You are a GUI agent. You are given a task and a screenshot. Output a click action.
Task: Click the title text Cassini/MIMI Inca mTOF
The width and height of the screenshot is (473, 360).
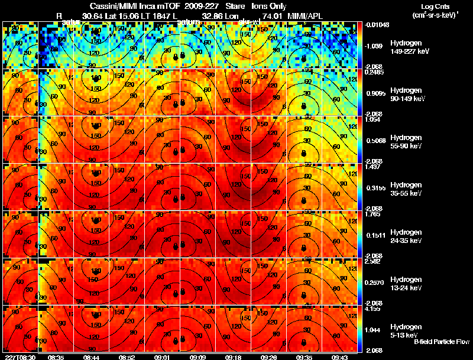click(x=124, y=6)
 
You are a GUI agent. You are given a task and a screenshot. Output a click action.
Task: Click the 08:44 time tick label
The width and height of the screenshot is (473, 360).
click(x=91, y=357)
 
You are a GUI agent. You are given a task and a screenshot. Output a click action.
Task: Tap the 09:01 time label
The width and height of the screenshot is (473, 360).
click(x=162, y=357)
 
